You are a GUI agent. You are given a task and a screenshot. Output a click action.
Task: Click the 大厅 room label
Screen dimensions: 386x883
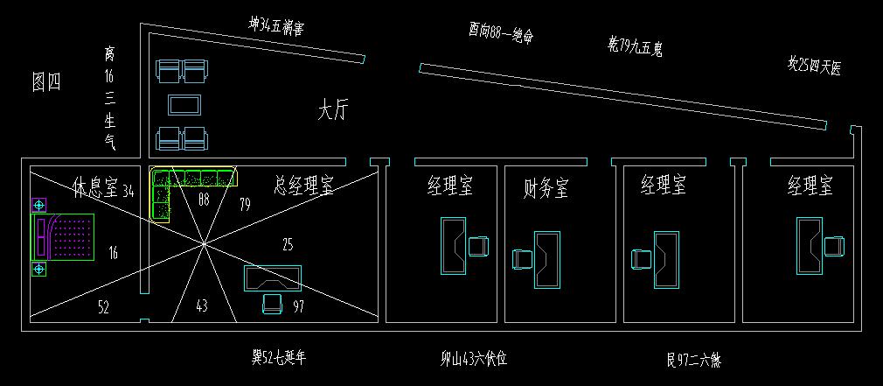pos(333,111)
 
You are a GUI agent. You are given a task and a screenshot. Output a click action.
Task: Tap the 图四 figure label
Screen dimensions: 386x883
pos(46,82)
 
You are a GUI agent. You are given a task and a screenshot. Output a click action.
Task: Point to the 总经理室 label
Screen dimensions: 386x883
pos(302,186)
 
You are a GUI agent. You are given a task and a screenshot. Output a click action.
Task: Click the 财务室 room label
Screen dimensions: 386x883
pos(546,186)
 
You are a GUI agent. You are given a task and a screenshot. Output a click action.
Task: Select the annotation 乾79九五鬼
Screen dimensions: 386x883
pos(635,46)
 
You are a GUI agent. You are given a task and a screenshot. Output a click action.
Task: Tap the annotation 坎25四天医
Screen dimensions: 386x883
pos(814,66)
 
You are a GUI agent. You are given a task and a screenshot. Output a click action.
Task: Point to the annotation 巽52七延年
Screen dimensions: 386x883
pos(279,356)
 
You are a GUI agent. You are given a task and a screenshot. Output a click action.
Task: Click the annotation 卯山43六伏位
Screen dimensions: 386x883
pos(473,358)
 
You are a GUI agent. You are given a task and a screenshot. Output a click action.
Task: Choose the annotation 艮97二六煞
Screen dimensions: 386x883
pos(692,359)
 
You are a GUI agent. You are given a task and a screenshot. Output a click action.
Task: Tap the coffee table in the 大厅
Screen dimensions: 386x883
pos(184,105)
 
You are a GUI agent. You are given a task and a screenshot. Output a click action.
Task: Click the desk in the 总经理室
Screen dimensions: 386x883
pos(273,277)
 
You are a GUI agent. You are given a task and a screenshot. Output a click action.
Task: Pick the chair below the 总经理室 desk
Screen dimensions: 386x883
pos(272,303)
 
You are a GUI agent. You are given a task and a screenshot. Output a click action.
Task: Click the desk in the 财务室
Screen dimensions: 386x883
pos(547,258)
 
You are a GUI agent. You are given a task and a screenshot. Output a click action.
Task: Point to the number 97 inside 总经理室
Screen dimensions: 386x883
pos(298,305)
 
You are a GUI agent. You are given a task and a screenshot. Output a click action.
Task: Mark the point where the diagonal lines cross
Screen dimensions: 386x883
pos(205,242)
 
